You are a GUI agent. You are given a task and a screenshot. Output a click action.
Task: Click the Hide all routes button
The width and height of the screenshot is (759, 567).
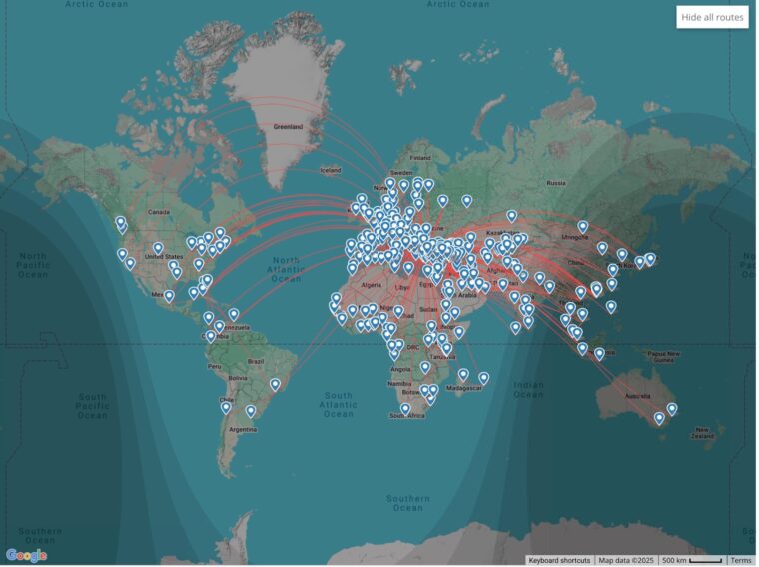(712, 17)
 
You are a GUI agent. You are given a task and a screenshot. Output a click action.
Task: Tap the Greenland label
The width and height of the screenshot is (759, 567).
(288, 127)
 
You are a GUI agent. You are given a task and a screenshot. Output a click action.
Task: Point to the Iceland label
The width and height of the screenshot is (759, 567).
(331, 170)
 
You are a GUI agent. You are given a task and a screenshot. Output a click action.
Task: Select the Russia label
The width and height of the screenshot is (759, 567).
(555, 183)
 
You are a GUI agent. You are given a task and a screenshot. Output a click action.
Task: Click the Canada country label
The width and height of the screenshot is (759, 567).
(159, 212)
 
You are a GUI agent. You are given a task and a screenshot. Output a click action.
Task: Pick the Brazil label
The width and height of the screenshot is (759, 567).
(256, 360)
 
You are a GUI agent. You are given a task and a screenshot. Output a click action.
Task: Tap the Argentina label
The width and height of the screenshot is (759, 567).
(243, 428)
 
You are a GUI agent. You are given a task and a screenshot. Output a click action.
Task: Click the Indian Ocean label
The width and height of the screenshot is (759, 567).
(529, 390)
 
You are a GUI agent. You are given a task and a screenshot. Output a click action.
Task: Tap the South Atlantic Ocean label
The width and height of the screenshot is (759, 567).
(338, 403)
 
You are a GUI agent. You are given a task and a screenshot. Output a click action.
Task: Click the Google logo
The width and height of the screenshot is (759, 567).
(26, 555)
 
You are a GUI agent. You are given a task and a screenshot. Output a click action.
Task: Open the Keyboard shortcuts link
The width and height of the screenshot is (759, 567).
(559, 560)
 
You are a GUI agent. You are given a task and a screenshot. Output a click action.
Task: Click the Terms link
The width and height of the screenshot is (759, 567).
(740, 560)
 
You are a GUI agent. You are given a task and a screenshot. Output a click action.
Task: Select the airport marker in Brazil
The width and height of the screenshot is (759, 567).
(275, 385)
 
